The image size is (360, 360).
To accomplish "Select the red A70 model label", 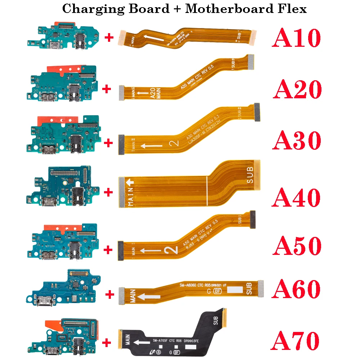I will (x=296, y=340).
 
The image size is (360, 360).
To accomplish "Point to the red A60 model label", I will (x=297, y=288).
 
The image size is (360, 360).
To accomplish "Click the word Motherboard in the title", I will (x=229, y=9).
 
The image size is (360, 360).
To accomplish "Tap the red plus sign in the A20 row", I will (x=107, y=89).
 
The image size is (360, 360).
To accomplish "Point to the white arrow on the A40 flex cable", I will (x=130, y=183).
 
